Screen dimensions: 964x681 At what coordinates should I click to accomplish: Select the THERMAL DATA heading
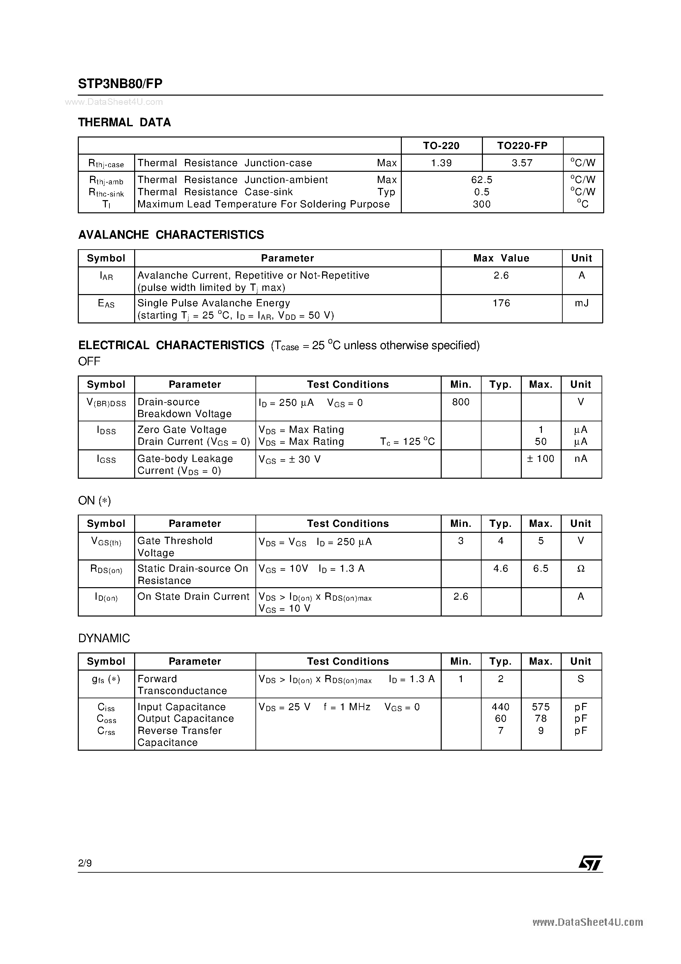[x=124, y=123]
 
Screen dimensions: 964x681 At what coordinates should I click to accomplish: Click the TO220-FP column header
[x=522, y=146]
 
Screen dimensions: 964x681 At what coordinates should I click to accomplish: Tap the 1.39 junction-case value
[x=441, y=163]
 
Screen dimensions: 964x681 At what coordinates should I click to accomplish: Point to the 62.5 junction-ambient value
[x=482, y=180]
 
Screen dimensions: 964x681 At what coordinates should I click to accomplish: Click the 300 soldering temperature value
[x=482, y=204]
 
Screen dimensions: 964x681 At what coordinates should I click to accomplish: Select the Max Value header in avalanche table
[x=501, y=258]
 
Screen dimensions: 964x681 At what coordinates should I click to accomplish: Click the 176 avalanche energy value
[x=501, y=303]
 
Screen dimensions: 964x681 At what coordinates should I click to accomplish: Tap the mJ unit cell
[x=581, y=303]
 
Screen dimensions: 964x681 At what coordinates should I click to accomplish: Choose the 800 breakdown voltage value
[x=460, y=402]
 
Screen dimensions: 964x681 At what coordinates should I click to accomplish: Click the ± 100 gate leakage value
[x=541, y=459]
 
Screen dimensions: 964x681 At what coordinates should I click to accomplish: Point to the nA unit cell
[x=581, y=459]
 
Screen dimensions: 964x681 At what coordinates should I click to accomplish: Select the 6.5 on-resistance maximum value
[x=541, y=568]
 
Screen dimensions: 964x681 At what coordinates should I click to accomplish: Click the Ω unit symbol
[x=581, y=568]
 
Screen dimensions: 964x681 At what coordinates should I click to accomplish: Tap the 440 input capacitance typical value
[x=500, y=707]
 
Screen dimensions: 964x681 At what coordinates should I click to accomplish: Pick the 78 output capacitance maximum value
[x=541, y=718]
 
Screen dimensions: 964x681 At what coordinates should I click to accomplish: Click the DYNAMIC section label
[x=104, y=638]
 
